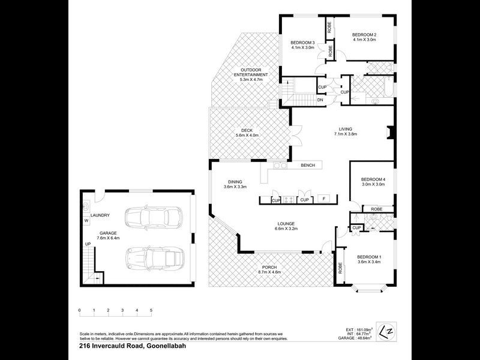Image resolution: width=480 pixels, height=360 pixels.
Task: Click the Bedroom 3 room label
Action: pyautogui.click(x=302, y=45)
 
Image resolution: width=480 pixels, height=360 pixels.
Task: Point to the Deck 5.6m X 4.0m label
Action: pyautogui.click(x=247, y=133)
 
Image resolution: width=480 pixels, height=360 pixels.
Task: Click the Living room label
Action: pyautogui.click(x=345, y=131)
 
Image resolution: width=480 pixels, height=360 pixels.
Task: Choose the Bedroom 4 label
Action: pyautogui.click(x=373, y=181)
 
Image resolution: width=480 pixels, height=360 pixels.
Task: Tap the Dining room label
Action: pyautogui.click(x=235, y=185)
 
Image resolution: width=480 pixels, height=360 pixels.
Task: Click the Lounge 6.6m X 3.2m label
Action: pyautogui.click(x=286, y=226)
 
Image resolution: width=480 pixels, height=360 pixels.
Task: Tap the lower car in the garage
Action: pyautogui.click(x=152, y=258)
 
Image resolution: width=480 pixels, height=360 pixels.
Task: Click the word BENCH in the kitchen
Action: pyautogui.click(x=308, y=165)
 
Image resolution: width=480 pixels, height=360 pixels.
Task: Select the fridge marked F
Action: pyautogui.click(x=324, y=199)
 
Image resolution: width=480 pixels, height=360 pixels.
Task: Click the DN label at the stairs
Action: pyautogui.click(x=320, y=100)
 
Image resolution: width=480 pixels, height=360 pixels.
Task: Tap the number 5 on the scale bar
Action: pyautogui.click(x=151, y=311)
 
